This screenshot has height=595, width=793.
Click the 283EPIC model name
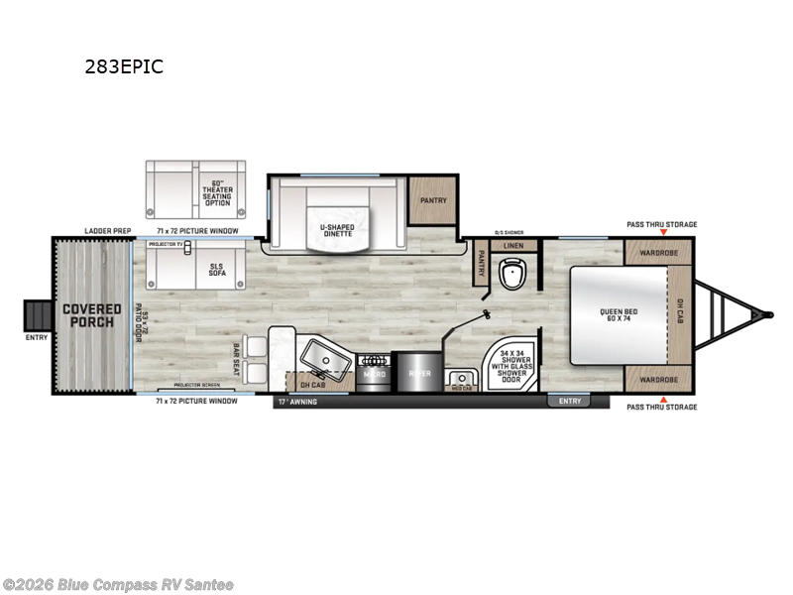point(125,67)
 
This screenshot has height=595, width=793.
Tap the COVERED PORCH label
point(92,315)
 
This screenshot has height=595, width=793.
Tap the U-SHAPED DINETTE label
point(338,231)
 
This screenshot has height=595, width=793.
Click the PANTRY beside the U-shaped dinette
point(433,200)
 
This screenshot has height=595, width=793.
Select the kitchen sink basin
point(322,354)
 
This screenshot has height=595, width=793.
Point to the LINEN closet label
point(513,245)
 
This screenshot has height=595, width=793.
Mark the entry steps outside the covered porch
point(37,315)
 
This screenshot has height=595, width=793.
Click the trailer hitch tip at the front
point(767,314)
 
